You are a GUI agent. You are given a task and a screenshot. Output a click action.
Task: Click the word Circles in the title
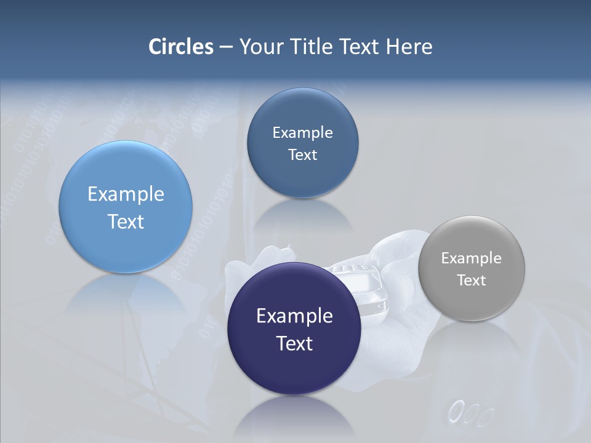[180, 46]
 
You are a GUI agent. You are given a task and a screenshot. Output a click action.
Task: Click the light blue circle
[126, 178]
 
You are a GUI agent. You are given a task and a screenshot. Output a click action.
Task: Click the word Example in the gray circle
[472, 258]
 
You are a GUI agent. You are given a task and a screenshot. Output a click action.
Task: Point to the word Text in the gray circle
[472, 281]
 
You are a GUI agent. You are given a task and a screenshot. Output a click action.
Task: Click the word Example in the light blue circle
[126, 194]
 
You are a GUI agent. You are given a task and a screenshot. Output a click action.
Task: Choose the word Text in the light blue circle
[126, 221]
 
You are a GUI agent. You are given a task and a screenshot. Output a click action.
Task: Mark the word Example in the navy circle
[294, 316]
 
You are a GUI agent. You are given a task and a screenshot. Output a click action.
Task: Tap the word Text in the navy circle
[294, 343]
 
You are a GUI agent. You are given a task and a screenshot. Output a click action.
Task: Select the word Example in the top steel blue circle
[302, 133]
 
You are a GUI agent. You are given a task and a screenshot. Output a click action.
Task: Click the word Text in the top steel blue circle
[302, 155]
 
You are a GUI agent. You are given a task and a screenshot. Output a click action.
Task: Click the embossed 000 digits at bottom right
[471, 413]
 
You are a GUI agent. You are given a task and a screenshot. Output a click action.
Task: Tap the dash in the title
[226, 47]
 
